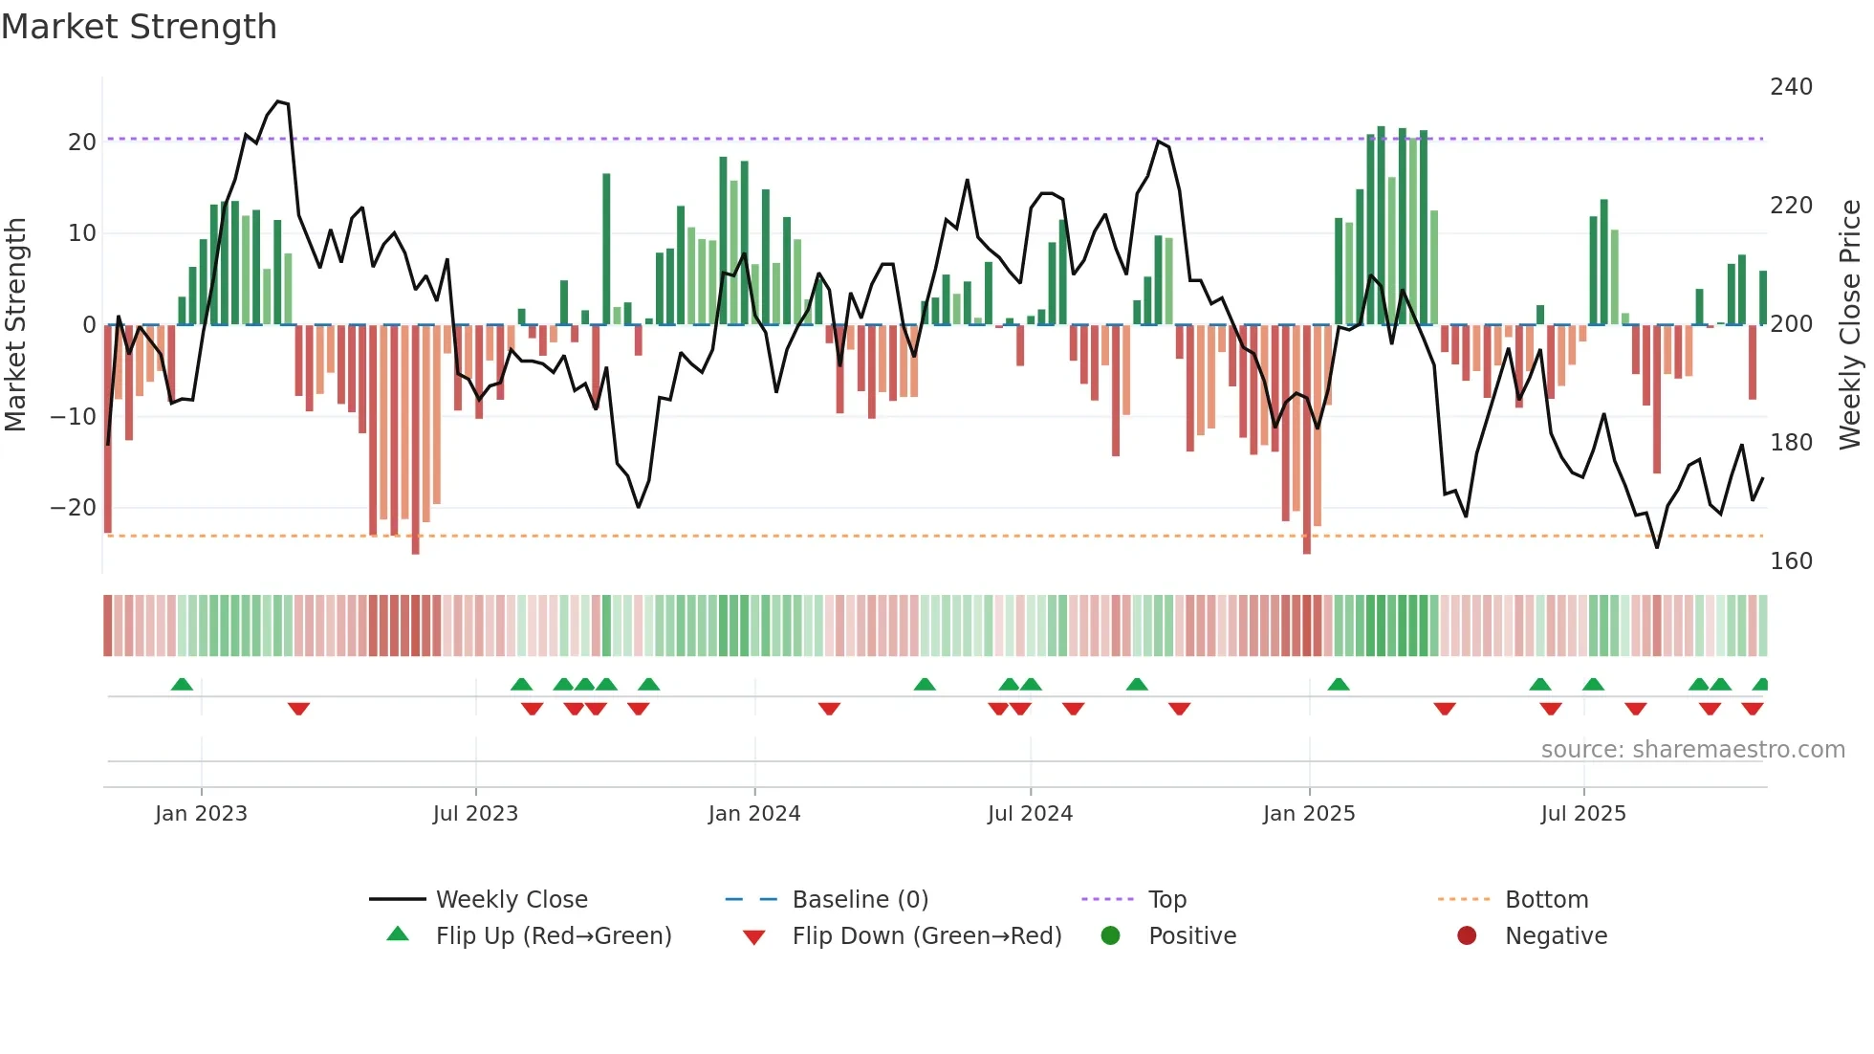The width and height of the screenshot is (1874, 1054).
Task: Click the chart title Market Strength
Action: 139,27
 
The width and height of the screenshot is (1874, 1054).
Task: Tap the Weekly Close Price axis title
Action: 1850,324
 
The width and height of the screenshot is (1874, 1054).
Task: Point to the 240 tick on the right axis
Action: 1791,87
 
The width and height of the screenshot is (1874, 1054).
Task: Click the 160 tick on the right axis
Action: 1791,560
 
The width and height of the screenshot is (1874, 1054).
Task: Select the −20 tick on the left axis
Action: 74,508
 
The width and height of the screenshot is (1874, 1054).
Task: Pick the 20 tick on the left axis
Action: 82,143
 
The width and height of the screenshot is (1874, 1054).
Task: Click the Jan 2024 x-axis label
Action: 754,814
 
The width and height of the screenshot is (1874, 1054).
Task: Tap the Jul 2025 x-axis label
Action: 1583,814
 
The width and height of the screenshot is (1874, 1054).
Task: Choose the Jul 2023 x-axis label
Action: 475,814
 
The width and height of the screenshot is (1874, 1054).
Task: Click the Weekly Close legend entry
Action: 512,900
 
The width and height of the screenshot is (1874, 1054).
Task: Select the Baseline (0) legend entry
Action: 860,900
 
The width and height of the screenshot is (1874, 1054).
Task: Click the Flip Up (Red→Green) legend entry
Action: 553,936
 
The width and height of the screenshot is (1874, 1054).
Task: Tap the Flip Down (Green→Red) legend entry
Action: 926,936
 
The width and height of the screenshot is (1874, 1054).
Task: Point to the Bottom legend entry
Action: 1546,900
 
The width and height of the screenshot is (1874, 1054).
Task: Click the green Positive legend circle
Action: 1110,936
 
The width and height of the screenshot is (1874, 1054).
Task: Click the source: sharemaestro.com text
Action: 1692,750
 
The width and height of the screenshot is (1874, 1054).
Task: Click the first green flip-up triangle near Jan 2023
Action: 182,684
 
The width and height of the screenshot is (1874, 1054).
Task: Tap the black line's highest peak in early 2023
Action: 278,101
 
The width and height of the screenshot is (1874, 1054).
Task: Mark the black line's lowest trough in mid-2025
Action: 1657,547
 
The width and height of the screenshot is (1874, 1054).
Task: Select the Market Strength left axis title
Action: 15,324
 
